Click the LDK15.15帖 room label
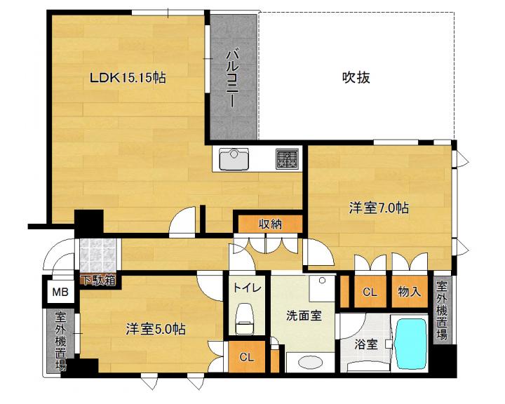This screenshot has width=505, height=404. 128,78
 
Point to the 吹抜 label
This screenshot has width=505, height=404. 356,78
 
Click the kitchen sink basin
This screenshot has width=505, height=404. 234,159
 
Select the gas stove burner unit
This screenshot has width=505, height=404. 287,159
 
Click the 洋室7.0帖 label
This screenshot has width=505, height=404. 379,208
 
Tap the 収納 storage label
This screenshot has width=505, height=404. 270,224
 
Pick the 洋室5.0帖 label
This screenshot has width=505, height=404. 156,329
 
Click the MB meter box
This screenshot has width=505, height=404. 60,292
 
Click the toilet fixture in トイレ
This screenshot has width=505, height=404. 245,318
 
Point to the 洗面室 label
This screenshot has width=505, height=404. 304,316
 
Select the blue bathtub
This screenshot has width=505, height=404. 411,344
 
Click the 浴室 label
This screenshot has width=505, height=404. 366,344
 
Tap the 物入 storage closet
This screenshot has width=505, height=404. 410,292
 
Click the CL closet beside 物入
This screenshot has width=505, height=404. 370,292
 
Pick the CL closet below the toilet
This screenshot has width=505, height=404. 247,356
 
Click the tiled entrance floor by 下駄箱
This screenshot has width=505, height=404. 97,255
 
